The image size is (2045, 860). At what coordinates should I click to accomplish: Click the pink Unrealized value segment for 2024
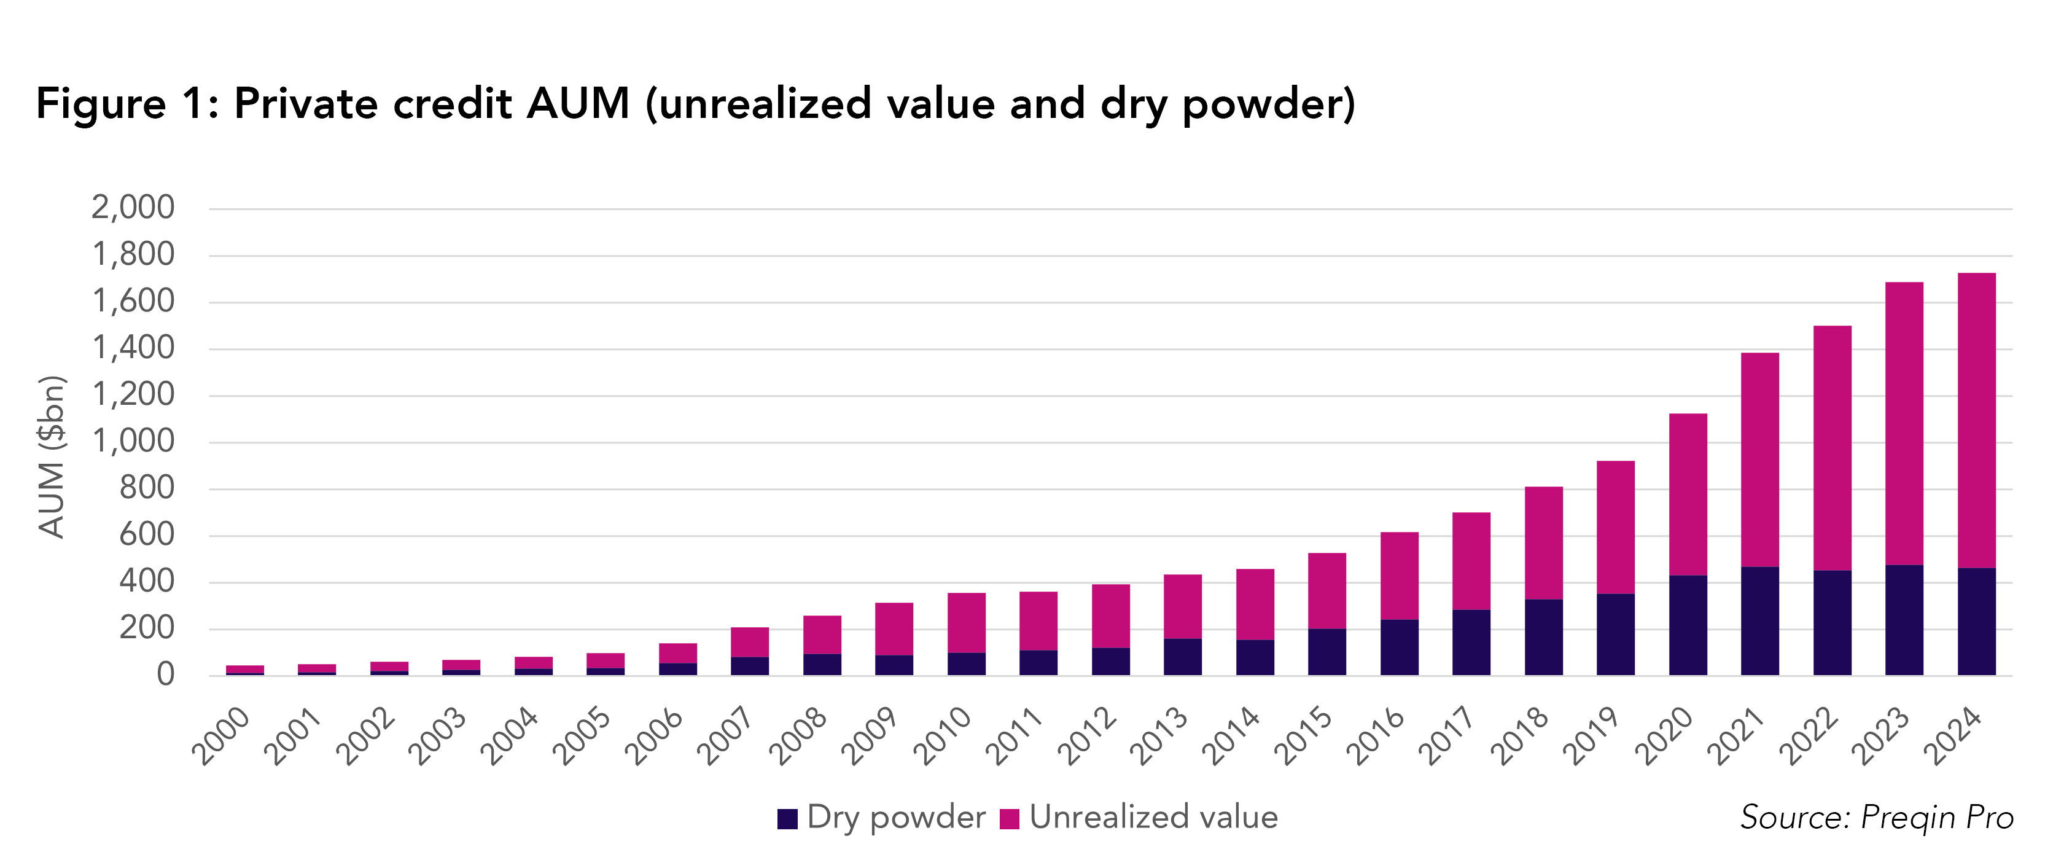(x=1976, y=421)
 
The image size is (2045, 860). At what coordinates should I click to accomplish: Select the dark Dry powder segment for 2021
(x=1759, y=621)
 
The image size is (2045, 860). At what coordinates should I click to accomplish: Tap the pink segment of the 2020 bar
(x=1688, y=494)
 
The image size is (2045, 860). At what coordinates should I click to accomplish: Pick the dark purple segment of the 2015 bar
(x=1326, y=652)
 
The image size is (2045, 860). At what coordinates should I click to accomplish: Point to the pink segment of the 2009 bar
(x=894, y=629)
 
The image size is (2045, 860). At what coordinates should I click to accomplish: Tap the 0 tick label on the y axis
(x=165, y=674)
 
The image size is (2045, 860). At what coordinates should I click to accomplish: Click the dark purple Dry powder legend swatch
(x=787, y=819)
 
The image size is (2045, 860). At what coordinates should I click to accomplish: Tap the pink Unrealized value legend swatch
(x=1009, y=819)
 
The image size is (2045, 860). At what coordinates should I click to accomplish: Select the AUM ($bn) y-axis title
(x=52, y=456)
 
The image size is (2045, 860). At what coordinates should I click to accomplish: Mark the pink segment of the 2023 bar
(x=1904, y=423)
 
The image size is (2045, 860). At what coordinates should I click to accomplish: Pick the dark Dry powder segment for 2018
(x=1543, y=637)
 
